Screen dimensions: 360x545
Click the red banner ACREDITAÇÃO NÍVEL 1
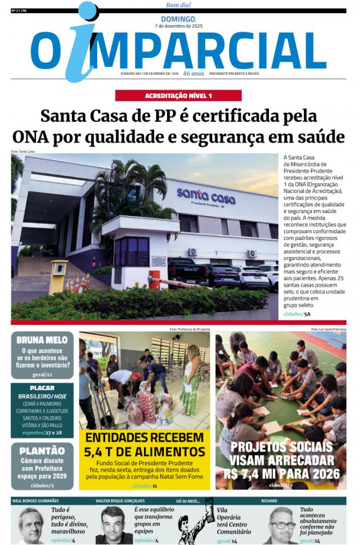coord(178,95)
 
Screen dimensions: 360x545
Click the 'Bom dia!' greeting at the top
coord(178,5)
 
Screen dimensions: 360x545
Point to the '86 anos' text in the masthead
coord(194,73)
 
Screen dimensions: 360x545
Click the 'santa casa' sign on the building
coord(206,195)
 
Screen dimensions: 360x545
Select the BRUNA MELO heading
coord(42,340)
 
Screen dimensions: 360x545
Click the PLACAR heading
coord(42,387)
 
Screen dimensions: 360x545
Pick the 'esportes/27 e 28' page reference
coord(42,432)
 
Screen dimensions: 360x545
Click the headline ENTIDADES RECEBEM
coord(144,438)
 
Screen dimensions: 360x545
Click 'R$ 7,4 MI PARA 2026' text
coord(280,473)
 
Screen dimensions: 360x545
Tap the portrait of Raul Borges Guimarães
coord(31,525)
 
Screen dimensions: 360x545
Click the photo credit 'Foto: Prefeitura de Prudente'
coord(189,329)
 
